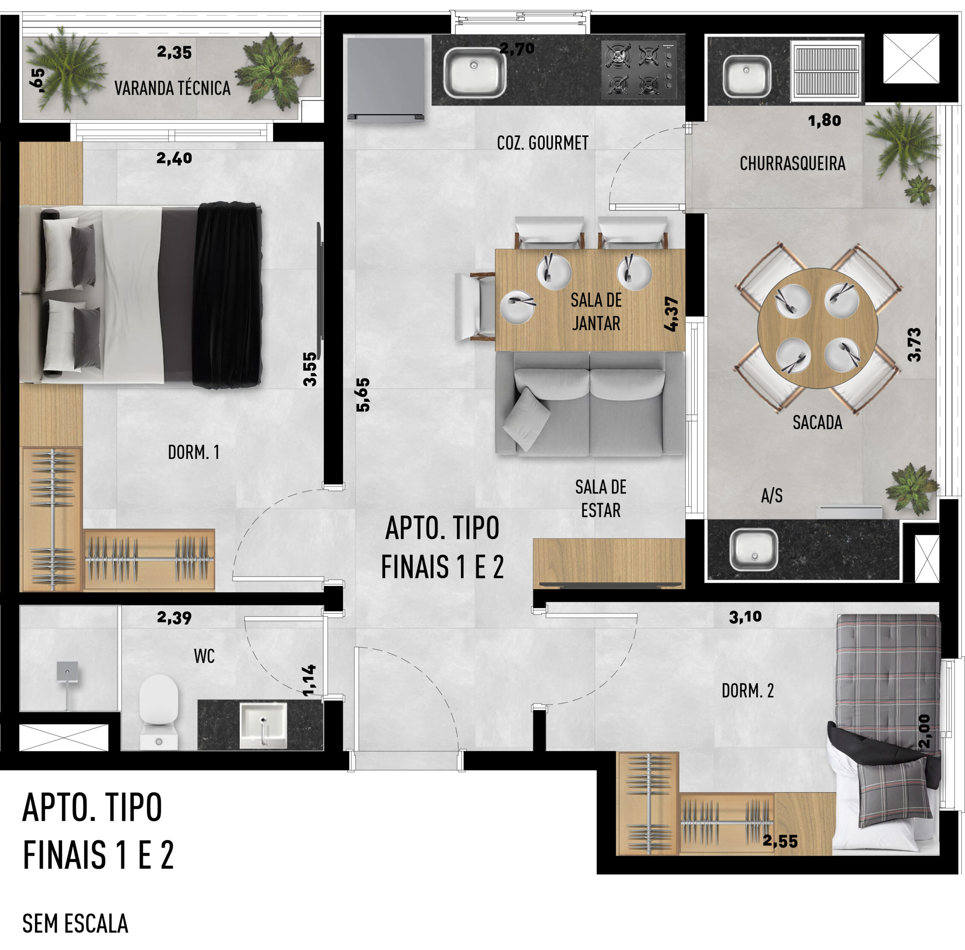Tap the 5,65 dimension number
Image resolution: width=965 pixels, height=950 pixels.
[x=363, y=394]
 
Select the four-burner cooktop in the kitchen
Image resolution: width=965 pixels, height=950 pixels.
[x=639, y=69]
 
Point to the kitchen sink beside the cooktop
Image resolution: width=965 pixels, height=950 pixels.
[x=474, y=73]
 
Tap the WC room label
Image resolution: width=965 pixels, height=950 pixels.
[x=204, y=656]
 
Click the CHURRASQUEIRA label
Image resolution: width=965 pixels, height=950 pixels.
[x=792, y=163]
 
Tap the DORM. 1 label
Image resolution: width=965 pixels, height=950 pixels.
[x=193, y=452]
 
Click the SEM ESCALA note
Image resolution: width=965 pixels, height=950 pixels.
[x=75, y=924]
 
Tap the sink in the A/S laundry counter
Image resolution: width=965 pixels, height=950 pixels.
[x=754, y=550]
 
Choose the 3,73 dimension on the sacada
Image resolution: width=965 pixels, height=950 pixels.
[x=914, y=344]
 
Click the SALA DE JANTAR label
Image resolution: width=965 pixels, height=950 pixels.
[x=596, y=312]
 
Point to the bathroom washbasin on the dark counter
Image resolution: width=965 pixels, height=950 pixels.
[x=263, y=724]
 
